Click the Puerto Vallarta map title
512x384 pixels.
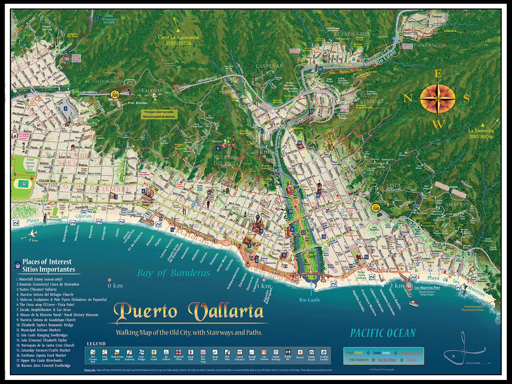pos(189,311)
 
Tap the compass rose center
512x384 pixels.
pos(438,98)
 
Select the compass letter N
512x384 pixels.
pos(408,98)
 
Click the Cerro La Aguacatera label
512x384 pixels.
pos(178,40)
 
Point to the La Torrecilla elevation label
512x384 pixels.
pos(481,133)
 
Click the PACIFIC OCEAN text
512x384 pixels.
pos(383,333)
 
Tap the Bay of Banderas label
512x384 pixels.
pos(174,273)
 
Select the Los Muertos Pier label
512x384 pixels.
pos(427,288)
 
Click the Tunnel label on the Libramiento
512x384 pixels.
pos(154,90)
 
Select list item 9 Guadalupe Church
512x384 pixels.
pos(46,320)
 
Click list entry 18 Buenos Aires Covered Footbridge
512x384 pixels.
pos(44,366)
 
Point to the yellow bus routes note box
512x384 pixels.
pos(159,114)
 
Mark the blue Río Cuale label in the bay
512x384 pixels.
pos(310,300)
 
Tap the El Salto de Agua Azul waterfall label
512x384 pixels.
pos(109,19)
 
